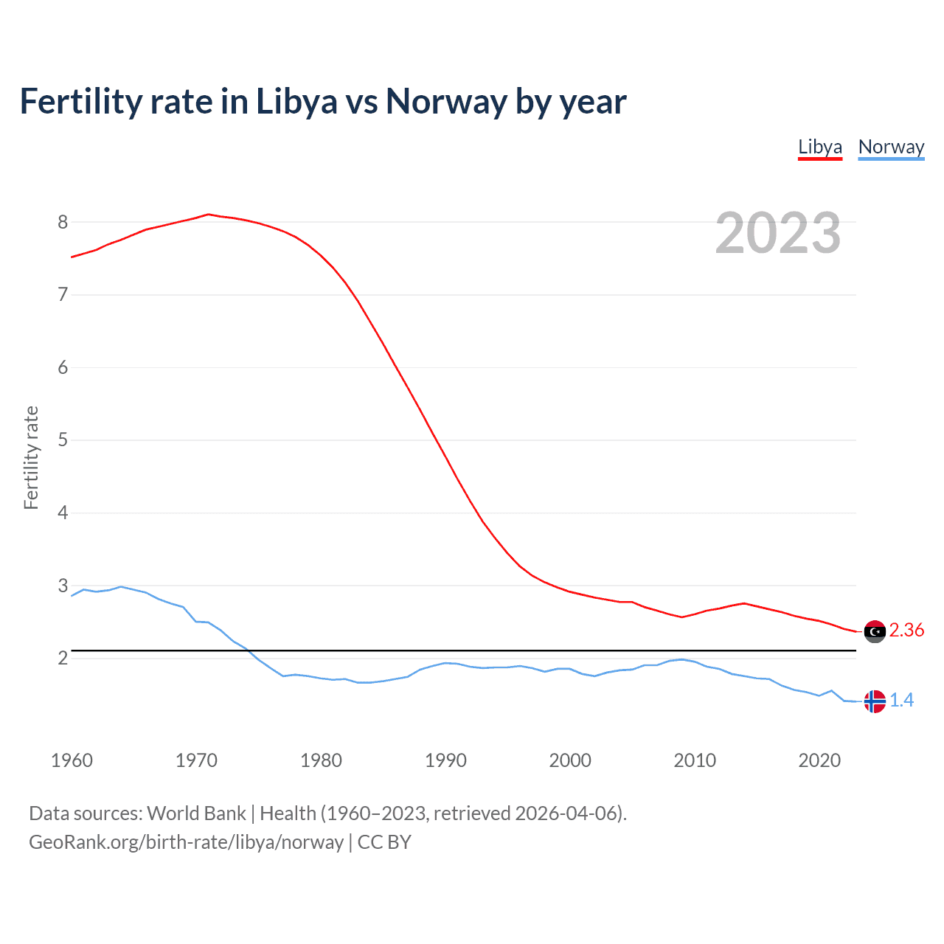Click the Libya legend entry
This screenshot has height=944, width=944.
point(819,147)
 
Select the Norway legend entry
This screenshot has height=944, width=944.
point(891,147)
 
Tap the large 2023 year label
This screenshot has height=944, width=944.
point(778,233)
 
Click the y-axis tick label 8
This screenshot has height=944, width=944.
point(63,222)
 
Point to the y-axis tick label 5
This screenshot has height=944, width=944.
point(63,440)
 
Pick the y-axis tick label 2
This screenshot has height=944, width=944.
point(63,658)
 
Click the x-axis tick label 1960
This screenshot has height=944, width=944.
point(72,760)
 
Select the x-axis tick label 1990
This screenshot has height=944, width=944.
point(445,760)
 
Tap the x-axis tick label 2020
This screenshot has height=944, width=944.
point(819,760)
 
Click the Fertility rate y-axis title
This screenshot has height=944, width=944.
point(31,457)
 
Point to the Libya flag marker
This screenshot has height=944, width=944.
point(875,631)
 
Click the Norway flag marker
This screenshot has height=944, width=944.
point(875,701)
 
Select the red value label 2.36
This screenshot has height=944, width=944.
point(906,630)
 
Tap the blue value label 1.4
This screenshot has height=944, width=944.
point(901,700)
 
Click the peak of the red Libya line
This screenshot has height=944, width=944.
point(208,215)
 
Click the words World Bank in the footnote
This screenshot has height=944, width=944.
point(196,813)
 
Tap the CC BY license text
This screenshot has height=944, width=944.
point(384,842)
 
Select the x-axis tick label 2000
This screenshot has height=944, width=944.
point(570,760)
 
